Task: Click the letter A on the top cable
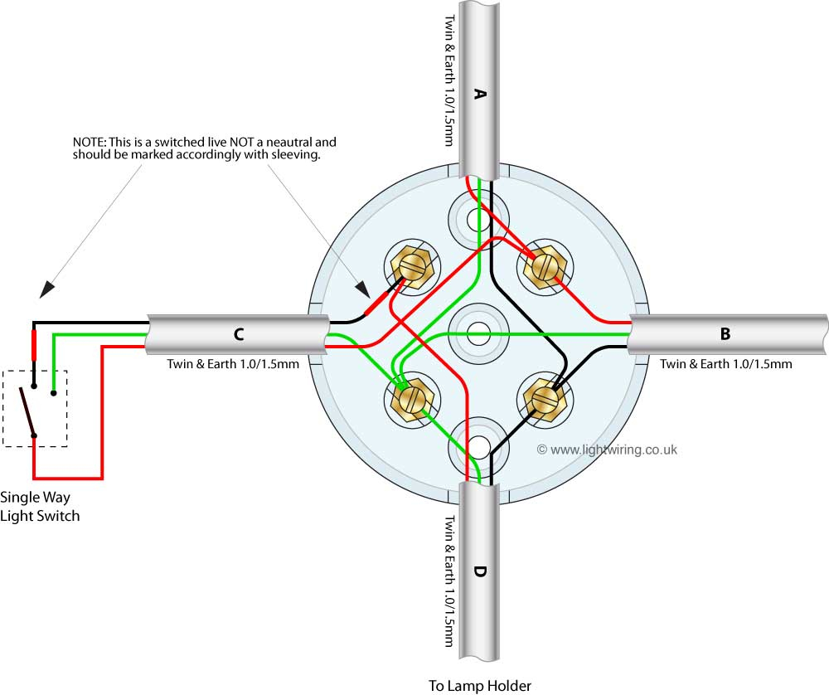478,95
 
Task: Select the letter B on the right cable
725,334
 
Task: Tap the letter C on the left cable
239,334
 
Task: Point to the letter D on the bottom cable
478,571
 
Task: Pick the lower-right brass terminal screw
544,400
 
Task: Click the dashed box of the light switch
35,408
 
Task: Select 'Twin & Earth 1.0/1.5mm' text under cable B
725,363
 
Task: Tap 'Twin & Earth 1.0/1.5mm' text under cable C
233,363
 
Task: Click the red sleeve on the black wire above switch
34,344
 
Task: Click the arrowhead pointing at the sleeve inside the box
362,289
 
